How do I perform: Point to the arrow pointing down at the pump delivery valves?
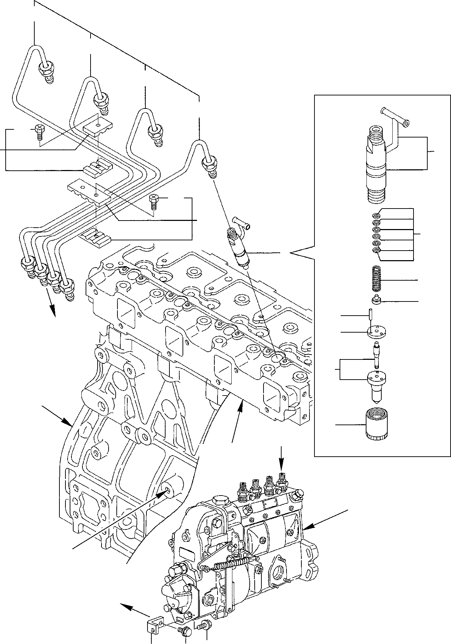pos(281,458)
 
